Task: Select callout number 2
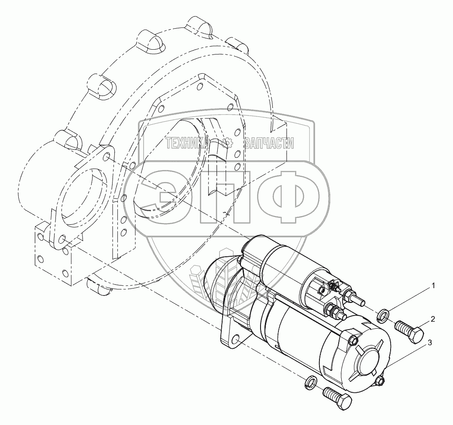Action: point(433,319)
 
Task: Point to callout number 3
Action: point(430,343)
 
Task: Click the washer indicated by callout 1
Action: point(383,315)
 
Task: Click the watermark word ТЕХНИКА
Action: point(187,143)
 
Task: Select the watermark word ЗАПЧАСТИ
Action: point(269,143)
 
